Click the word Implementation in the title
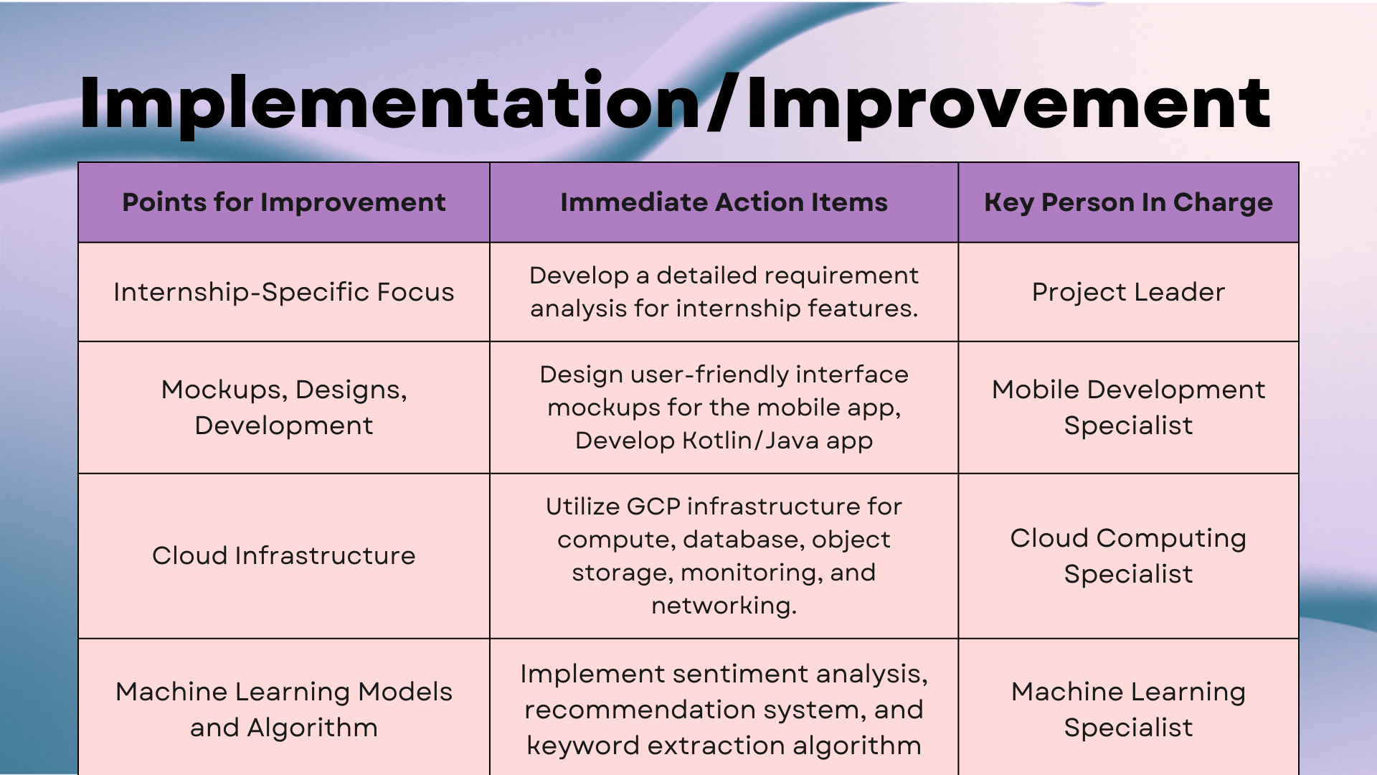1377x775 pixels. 390,103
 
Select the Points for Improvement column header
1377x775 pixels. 284,202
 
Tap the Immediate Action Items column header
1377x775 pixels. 724,202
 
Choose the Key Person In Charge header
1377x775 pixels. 1128,202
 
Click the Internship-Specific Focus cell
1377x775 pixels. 284,292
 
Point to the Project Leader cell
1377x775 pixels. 1128,292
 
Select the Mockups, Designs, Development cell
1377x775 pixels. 284,408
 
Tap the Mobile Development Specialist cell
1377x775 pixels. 1128,408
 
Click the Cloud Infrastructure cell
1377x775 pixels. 284,555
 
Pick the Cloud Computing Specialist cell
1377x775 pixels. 1128,556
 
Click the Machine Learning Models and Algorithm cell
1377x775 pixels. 284,710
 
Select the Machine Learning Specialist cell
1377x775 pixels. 1128,710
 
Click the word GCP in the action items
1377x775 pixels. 653,507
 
